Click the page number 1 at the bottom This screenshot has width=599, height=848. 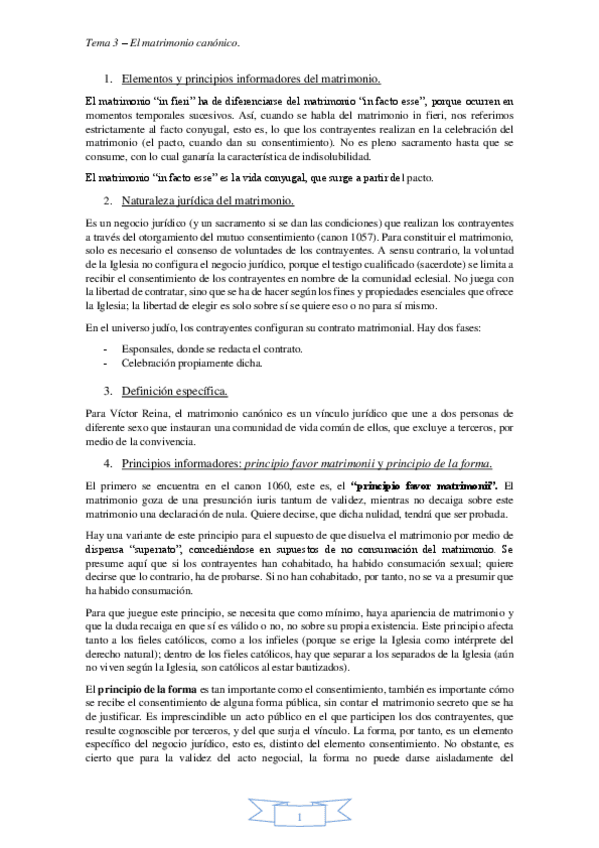tap(299, 819)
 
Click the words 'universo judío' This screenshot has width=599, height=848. tap(140, 327)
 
